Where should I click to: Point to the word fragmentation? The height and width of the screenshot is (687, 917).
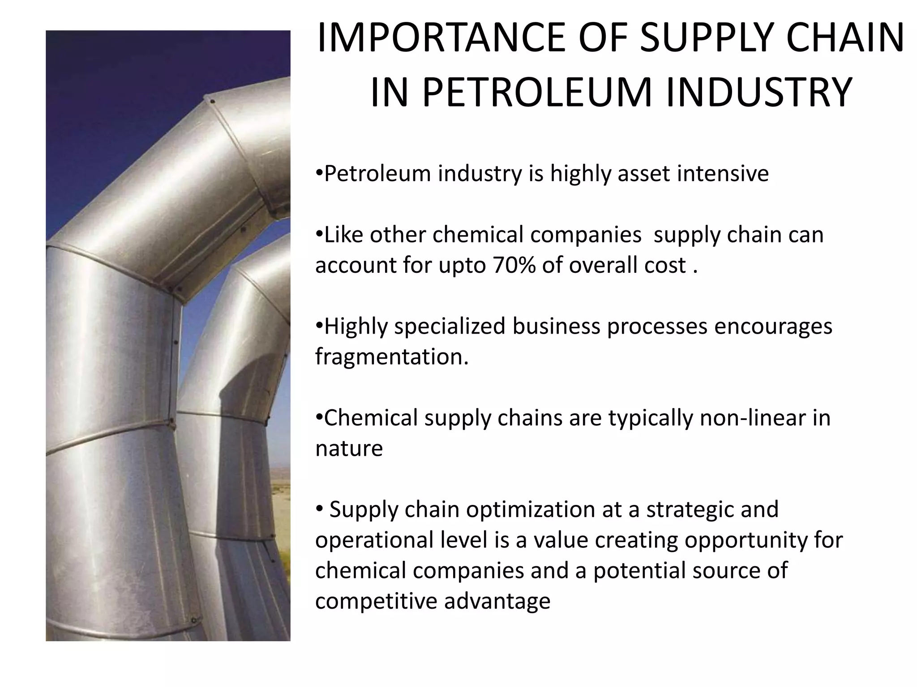click(391, 357)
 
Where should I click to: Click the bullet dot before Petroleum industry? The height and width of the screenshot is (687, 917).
click(319, 173)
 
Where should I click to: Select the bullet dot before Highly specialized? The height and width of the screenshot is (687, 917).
click(319, 326)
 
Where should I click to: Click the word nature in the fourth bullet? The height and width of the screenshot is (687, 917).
click(349, 449)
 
